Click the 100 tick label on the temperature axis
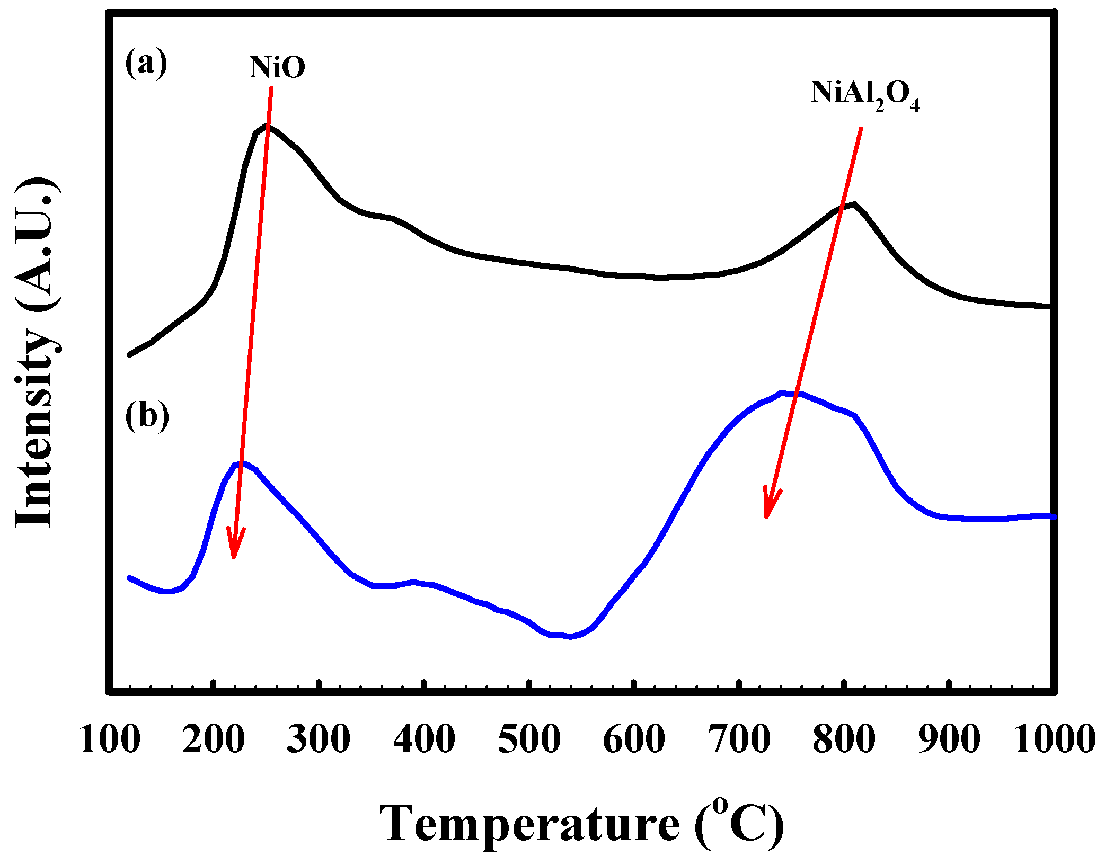click(x=110, y=739)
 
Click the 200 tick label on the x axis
click(x=213, y=739)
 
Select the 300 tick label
click(x=319, y=739)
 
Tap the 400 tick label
click(x=424, y=739)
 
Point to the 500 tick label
click(x=529, y=739)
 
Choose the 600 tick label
click(x=634, y=739)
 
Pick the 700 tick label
click(x=739, y=739)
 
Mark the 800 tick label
click(x=844, y=739)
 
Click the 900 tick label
click(x=949, y=739)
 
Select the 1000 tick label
click(x=1054, y=739)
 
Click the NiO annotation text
click(x=277, y=68)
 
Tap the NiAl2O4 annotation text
click(x=864, y=95)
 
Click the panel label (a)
click(x=146, y=63)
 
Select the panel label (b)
click(x=147, y=415)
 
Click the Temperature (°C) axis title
click(x=581, y=824)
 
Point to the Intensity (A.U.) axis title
click(x=36, y=352)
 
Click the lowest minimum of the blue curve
click(x=570, y=636)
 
